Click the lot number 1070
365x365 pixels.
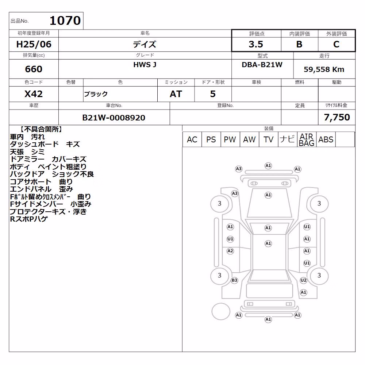65,20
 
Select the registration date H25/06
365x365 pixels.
34,44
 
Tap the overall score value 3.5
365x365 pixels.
256,44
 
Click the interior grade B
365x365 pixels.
299,44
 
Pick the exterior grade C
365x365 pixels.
336,44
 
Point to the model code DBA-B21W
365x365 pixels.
262,65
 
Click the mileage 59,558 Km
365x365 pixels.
324,69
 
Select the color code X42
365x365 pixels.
34,94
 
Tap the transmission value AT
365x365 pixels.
176,94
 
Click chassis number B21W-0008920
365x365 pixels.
114,118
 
